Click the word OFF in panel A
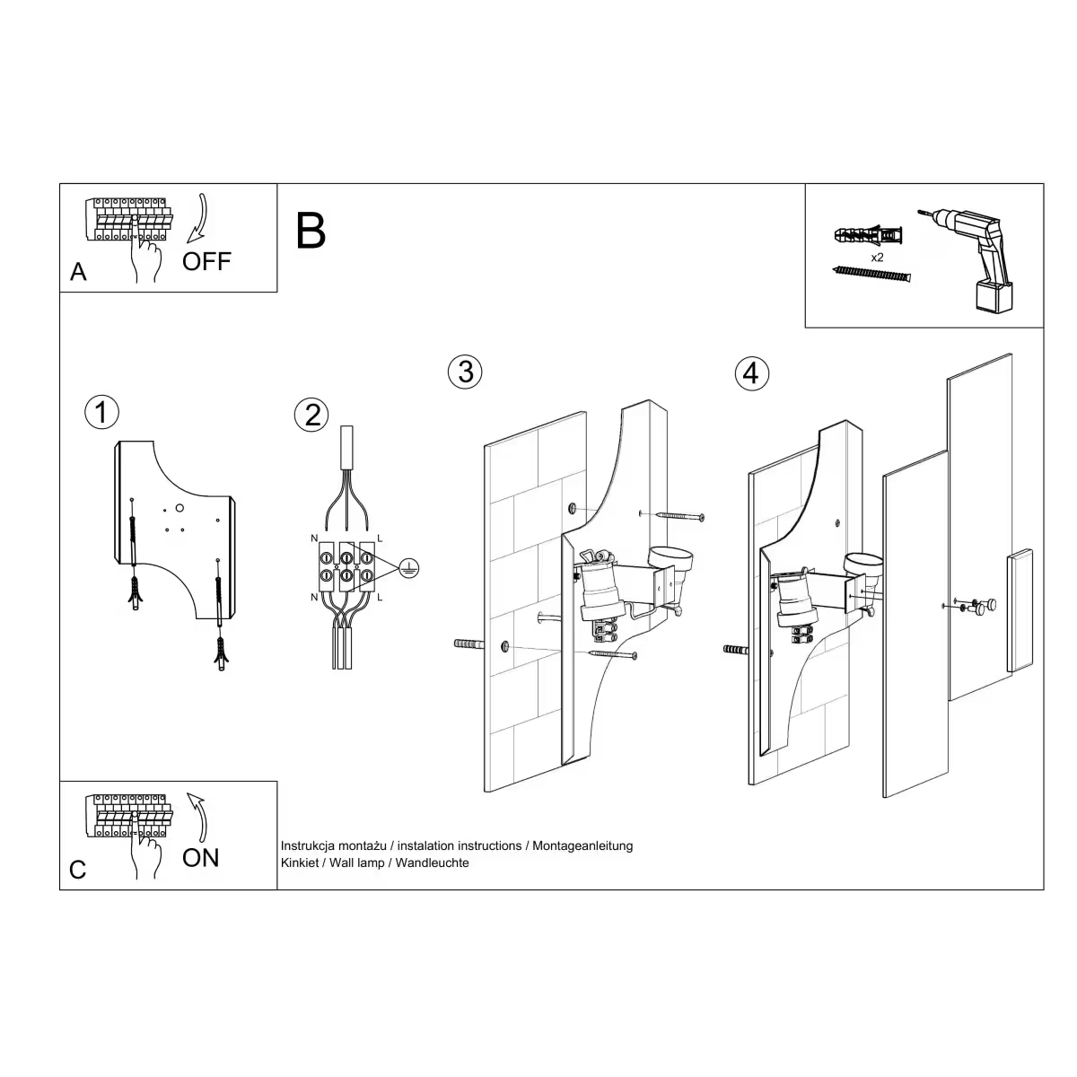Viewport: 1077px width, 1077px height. pos(206,261)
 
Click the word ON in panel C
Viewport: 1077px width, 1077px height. pos(200,857)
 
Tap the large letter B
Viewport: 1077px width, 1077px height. pos(311,232)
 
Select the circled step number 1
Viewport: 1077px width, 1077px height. pos(101,412)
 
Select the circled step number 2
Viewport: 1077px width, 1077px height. pos(311,415)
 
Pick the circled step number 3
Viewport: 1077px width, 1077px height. pos(465,371)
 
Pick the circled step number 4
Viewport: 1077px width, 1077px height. pos(751,372)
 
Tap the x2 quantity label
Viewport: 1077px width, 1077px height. pos(877,257)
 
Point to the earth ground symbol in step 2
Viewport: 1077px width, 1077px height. pos(408,567)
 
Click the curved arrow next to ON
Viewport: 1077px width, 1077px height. pos(200,816)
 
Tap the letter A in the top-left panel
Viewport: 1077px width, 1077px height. pos(79,272)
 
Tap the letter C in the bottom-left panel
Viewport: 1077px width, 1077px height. pos(78,870)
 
